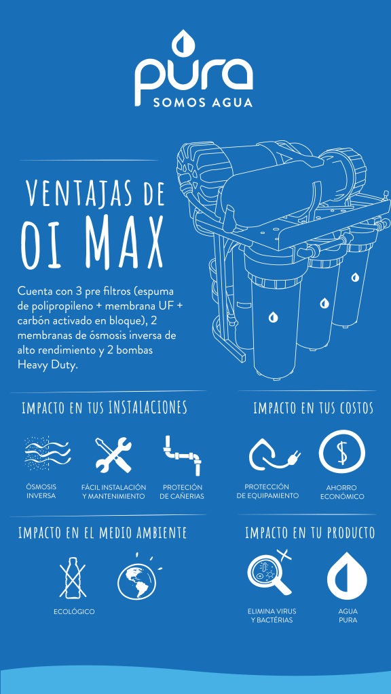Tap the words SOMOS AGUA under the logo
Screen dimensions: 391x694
click(x=202, y=102)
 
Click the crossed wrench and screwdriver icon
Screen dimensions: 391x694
click(x=113, y=454)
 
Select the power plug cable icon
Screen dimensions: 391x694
click(x=273, y=455)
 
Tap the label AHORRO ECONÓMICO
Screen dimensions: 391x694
click(x=342, y=492)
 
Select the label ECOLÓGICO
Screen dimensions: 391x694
click(x=74, y=612)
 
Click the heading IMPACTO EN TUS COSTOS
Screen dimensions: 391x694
click(x=314, y=408)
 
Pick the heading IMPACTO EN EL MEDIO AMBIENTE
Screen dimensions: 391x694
click(x=103, y=533)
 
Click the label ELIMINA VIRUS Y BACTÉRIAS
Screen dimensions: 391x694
click(x=272, y=615)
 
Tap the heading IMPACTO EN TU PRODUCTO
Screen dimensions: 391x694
click(x=310, y=533)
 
